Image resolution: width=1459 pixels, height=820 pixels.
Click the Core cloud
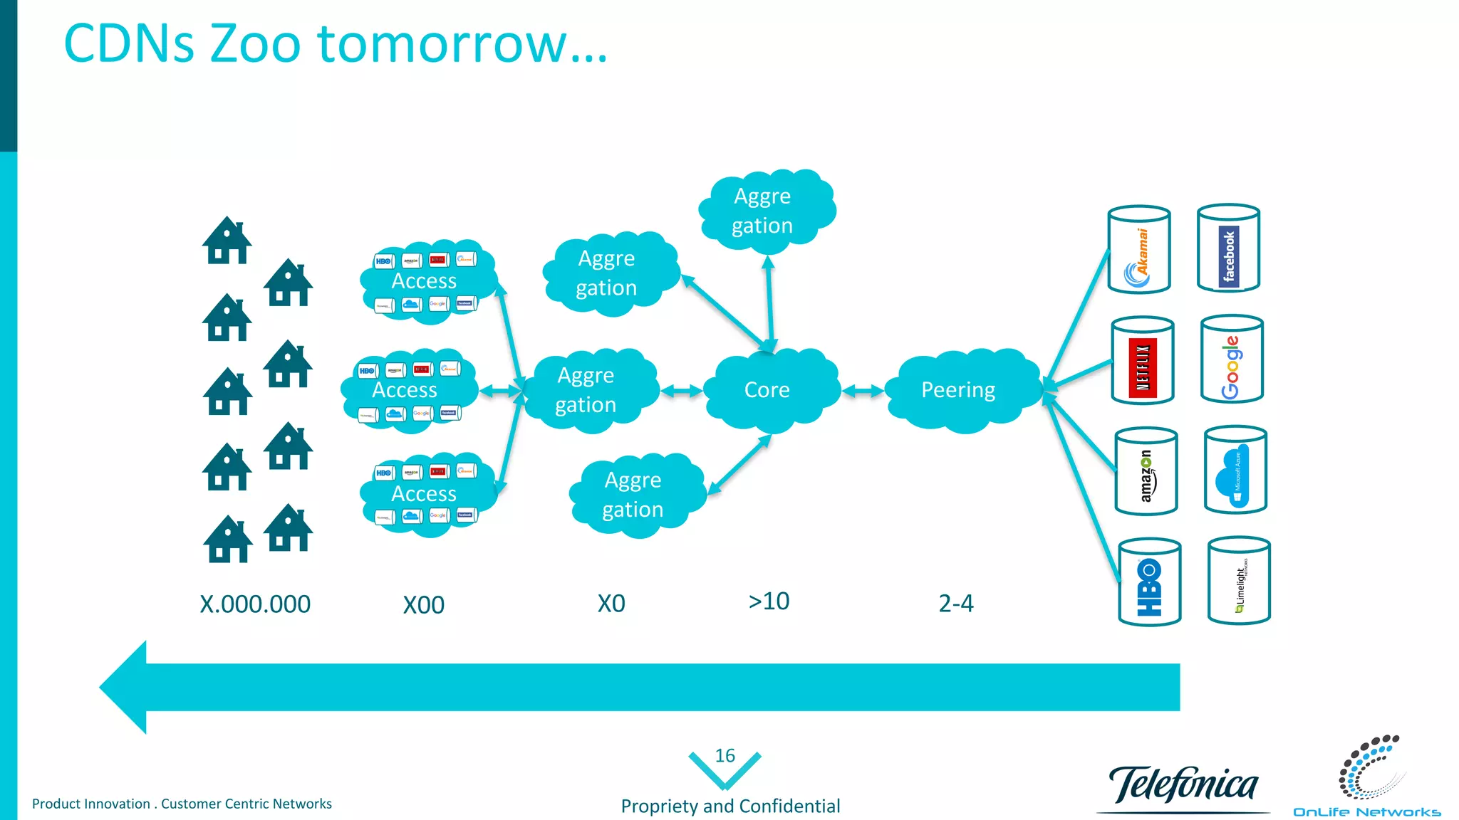click(768, 390)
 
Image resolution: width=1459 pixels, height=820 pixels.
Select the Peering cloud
click(958, 390)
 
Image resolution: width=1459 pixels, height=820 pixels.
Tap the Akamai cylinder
click(1139, 250)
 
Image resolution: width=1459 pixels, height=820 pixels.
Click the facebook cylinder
click(1228, 248)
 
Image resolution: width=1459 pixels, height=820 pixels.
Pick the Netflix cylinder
click(1143, 361)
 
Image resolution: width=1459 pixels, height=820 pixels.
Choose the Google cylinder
click(1232, 359)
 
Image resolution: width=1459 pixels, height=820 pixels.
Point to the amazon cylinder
click(1146, 471)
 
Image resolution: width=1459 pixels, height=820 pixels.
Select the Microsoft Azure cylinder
click(1235, 470)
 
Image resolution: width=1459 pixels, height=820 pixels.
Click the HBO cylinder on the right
click(1150, 582)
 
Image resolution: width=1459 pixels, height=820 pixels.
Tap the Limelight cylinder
click(1240, 581)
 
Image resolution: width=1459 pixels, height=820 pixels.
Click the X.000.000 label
click(255, 604)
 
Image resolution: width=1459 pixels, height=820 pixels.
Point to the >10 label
click(769, 601)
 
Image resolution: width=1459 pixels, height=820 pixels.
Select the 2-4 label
click(956, 604)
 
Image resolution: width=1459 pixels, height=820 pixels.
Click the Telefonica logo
click(1183, 785)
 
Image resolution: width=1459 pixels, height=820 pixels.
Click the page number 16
click(725, 756)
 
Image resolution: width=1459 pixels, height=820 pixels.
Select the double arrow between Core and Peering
click(863, 391)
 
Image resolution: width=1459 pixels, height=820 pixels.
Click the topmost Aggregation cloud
click(764, 211)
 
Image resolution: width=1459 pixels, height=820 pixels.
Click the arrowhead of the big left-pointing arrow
click(125, 687)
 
